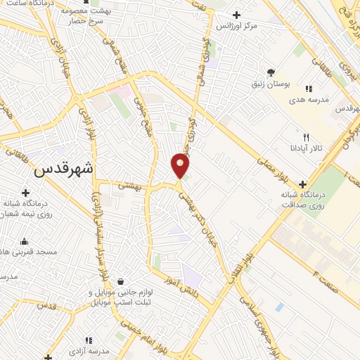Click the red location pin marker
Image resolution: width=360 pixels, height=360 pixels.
(x=180, y=166)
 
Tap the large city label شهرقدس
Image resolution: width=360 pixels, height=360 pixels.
(x=63, y=169)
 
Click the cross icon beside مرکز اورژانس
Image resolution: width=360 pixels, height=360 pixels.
(x=236, y=15)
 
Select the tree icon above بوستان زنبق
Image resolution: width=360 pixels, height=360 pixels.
(x=271, y=72)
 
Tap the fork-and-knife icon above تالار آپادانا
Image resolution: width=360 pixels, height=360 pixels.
(x=305, y=137)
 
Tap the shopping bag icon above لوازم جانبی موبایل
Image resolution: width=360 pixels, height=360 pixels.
(x=122, y=282)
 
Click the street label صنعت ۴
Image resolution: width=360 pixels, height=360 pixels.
(x=325, y=276)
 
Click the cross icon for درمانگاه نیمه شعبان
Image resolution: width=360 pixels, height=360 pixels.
(x=25, y=192)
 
